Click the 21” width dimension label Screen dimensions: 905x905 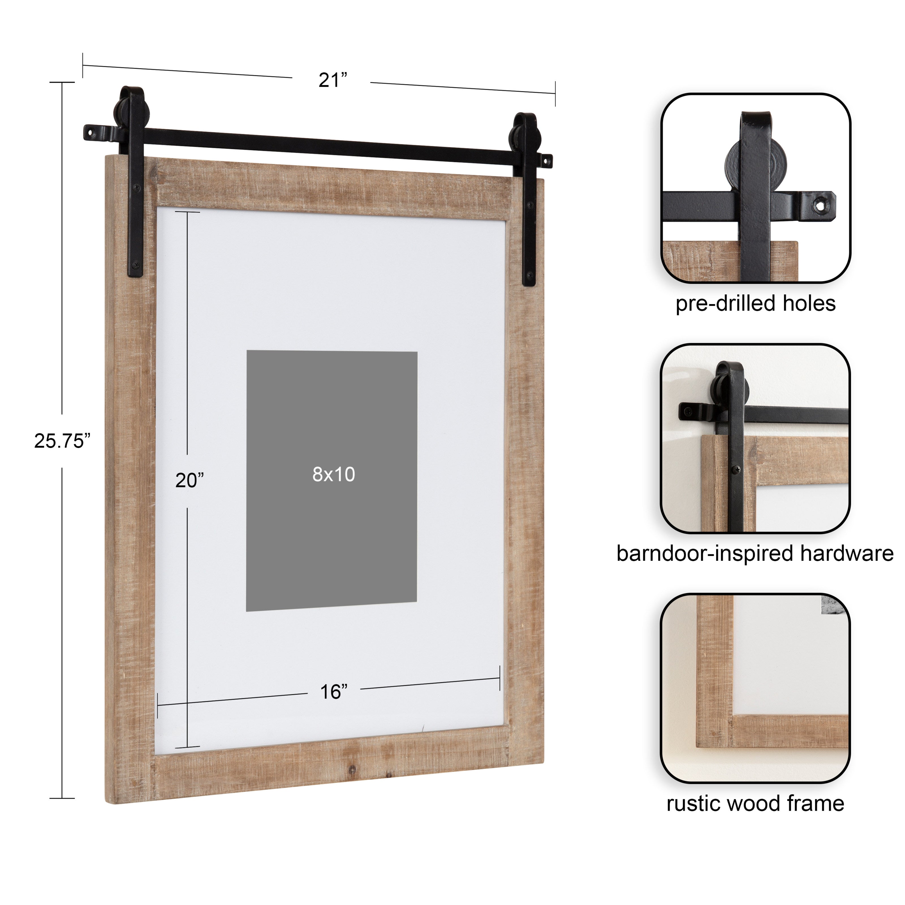[333, 80]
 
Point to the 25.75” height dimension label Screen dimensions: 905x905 [62, 441]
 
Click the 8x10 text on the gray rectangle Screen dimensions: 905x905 [333, 475]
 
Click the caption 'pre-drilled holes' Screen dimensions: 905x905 [755, 303]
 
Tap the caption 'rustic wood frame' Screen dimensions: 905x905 [755, 803]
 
